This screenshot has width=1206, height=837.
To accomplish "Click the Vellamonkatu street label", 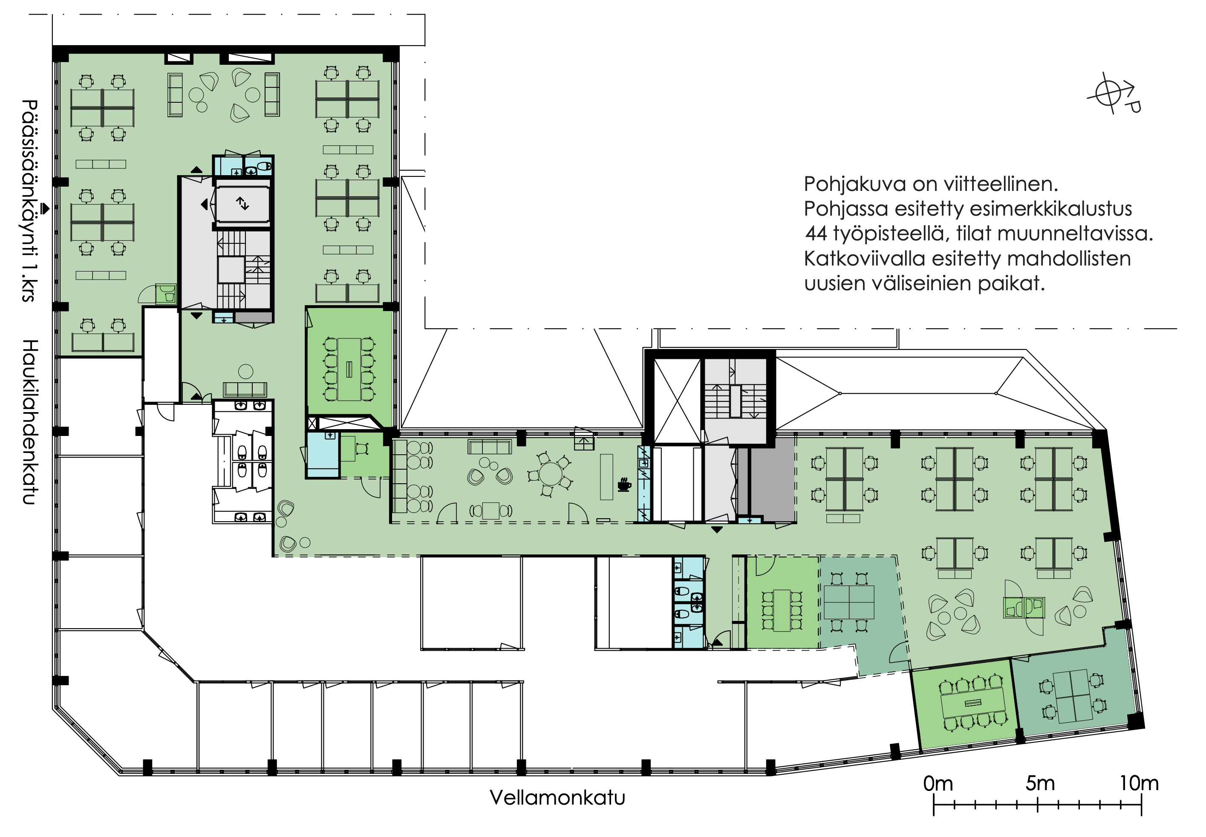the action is pos(557,798).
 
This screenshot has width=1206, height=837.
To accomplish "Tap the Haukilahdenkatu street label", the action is pos(30,422).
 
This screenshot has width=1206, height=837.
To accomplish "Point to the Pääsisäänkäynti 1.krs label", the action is pos(30,200).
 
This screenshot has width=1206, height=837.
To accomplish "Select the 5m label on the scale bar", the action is pos(1040,783).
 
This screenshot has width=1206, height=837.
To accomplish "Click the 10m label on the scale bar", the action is pos(1139,783).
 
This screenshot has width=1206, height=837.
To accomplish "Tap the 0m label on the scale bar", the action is pos(938,783).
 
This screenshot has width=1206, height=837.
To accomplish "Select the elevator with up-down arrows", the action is pos(242,203).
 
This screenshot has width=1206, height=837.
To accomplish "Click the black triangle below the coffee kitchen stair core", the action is pos(717,530).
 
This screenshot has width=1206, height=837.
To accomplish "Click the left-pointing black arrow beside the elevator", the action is pos(204,204).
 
